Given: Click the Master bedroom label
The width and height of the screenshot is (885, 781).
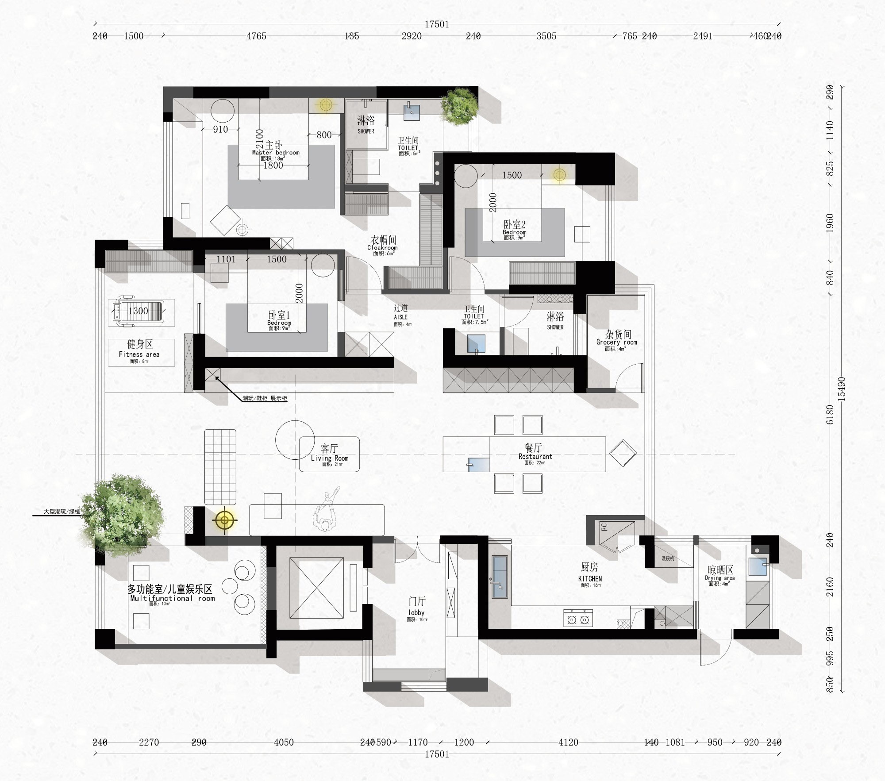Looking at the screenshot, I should coord(275,152).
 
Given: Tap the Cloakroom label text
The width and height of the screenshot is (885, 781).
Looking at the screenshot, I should coord(383,248).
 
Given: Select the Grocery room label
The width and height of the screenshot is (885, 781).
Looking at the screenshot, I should coord(616,342).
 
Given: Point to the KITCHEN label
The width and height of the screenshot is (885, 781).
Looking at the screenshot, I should coord(590,578).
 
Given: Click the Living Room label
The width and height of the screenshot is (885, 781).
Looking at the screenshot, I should coord(329,458).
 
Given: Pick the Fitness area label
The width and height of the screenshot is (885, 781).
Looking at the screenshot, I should coord(139,354).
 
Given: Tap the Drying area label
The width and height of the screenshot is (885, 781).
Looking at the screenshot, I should coord(720,578).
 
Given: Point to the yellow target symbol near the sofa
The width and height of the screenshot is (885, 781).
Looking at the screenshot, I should coord(224,520).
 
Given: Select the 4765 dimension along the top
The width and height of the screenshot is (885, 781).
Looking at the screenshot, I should coord(256,36).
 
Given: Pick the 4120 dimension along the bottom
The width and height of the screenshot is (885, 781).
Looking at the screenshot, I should coord(568,742).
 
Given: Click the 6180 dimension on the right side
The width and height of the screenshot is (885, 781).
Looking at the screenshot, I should coord(830,414).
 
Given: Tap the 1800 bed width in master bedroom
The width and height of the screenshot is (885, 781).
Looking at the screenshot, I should coord(273,165).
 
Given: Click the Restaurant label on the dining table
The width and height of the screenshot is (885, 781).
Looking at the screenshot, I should coord(535,456).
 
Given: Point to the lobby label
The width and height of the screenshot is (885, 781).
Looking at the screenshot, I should coord(416,612).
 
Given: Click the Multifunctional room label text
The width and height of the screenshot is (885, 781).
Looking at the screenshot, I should coord(173,598).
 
